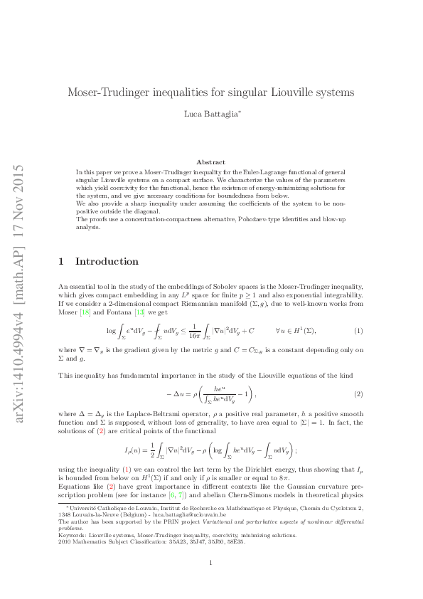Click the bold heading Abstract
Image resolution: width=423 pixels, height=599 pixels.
[210, 162]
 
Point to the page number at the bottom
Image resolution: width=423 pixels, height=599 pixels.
[211, 563]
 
